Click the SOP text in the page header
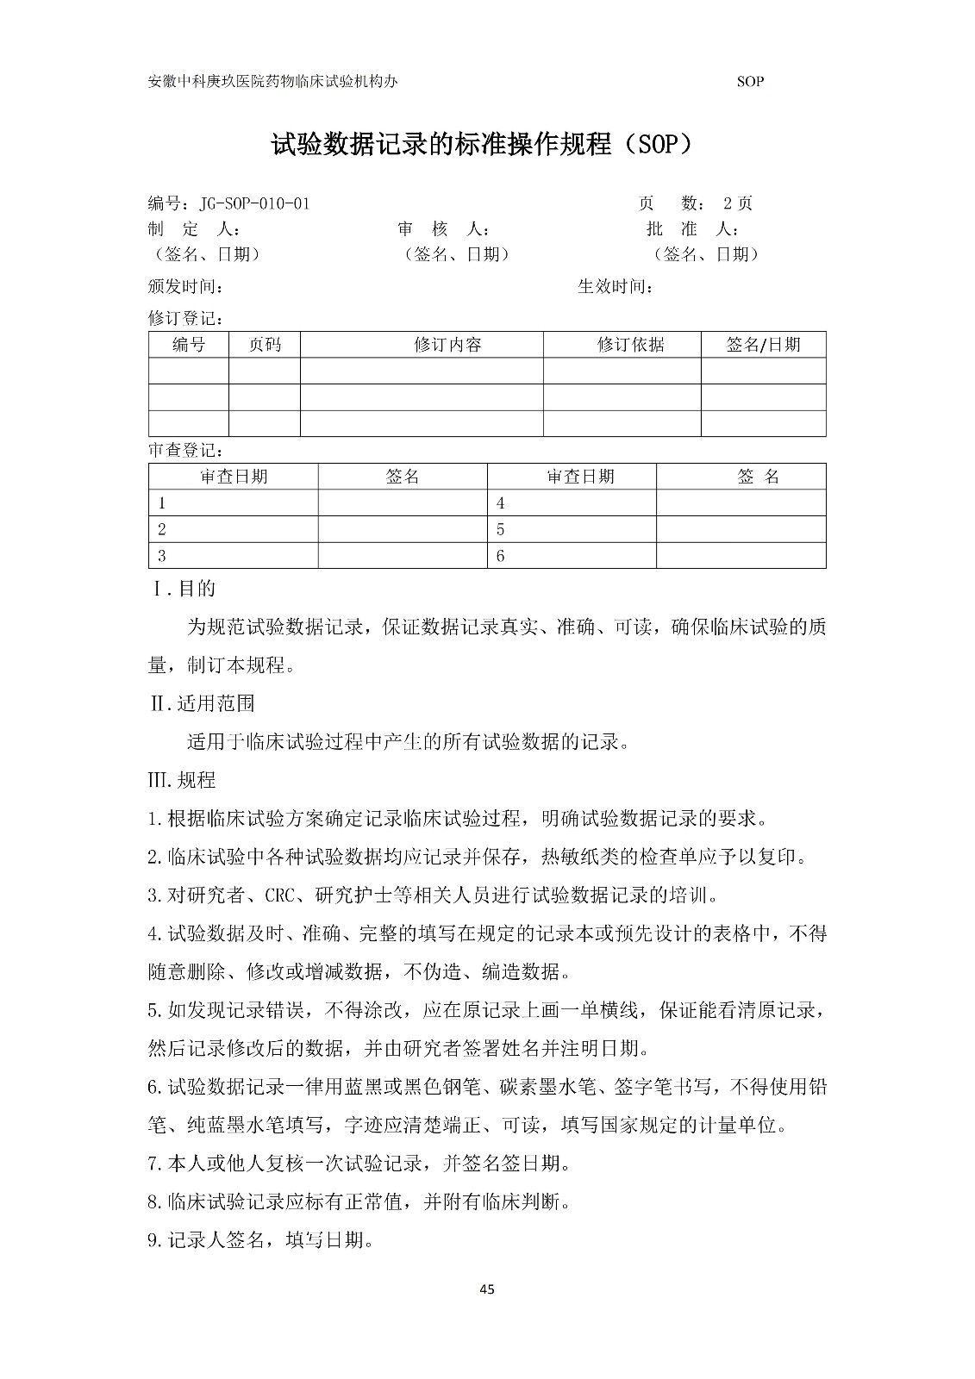tap(750, 82)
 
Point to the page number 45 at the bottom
tap(486, 1290)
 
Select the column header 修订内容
tap(447, 345)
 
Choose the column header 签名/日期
tap(763, 345)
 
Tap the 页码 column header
tap(265, 345)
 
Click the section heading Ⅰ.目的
tap(183, 589)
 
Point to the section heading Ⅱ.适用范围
tap(202, 703)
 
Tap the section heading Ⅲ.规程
tap(182, 780)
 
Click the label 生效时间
tap(615, 286)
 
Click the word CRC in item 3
tap(280, 895)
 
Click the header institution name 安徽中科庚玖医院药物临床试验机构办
tap(273, 82)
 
